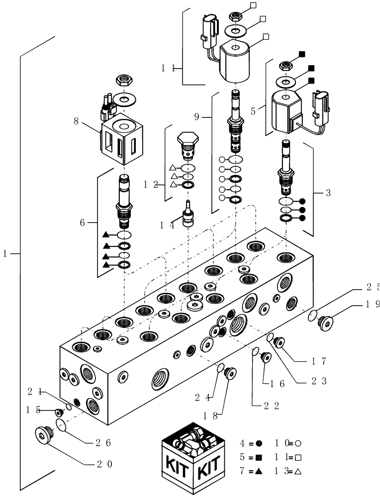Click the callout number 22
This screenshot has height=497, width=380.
269,405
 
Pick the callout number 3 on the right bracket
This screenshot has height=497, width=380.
328,193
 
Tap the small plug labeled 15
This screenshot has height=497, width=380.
60,412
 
